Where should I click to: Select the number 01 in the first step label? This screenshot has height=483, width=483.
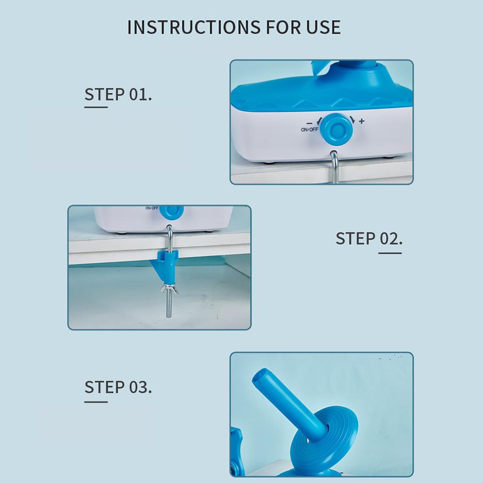point(139,94)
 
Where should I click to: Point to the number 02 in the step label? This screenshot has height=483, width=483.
point(390,239)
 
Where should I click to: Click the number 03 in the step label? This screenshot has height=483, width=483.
point(139,388)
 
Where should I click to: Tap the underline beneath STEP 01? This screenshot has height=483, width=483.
point(96,107)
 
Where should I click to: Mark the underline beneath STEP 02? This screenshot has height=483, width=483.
point(390,253)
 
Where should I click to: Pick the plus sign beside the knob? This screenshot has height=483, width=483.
point(362,121)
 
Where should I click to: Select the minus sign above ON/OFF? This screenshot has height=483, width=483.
point(309,123)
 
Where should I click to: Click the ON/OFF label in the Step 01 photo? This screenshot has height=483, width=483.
point(309,129)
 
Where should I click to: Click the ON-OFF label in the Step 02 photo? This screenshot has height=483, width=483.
point(152,208)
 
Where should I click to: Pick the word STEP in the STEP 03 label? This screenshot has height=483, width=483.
point(104,388)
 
